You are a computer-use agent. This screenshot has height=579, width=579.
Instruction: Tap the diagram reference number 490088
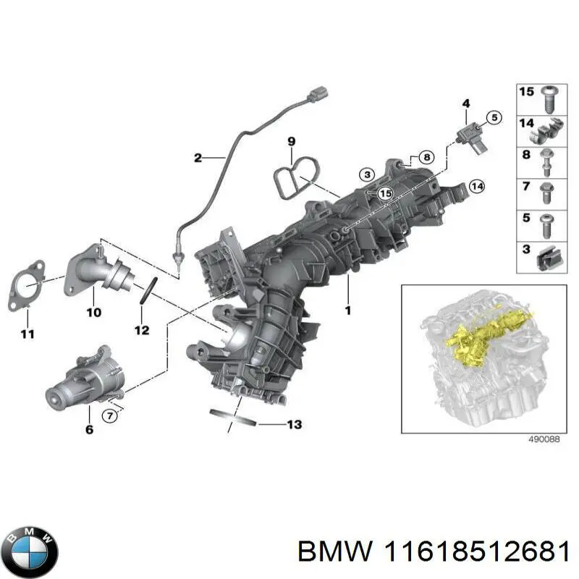click(x=544, y=439)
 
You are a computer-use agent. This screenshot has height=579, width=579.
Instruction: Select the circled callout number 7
click(x=110, y=416)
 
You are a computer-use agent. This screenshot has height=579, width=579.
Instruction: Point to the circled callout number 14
click(x=477, y=187)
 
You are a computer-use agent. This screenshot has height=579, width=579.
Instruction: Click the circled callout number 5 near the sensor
click(x=494, y=118)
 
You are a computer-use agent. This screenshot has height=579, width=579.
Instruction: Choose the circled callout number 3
click(x=367, y=174)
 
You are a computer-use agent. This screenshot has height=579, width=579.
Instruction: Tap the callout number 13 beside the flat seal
click(x=295, y=425)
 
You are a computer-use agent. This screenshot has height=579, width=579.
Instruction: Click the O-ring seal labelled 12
click(x=148, y=291)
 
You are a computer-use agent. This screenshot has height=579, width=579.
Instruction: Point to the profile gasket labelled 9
click(x=296, y=177)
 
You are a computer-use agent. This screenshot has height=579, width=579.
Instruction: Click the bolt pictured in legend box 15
click(x=549, y=99)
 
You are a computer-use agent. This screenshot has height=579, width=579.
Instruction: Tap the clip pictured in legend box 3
click(x=549, y=258)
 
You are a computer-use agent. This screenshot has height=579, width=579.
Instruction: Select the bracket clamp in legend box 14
click(x=548, y=132)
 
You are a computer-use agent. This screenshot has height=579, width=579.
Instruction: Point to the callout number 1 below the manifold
click(x=347, y=311)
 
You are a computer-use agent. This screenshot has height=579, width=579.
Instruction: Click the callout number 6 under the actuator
click(x=89, y=429)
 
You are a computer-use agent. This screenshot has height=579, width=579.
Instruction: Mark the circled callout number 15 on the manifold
click(x=386, y=194)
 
